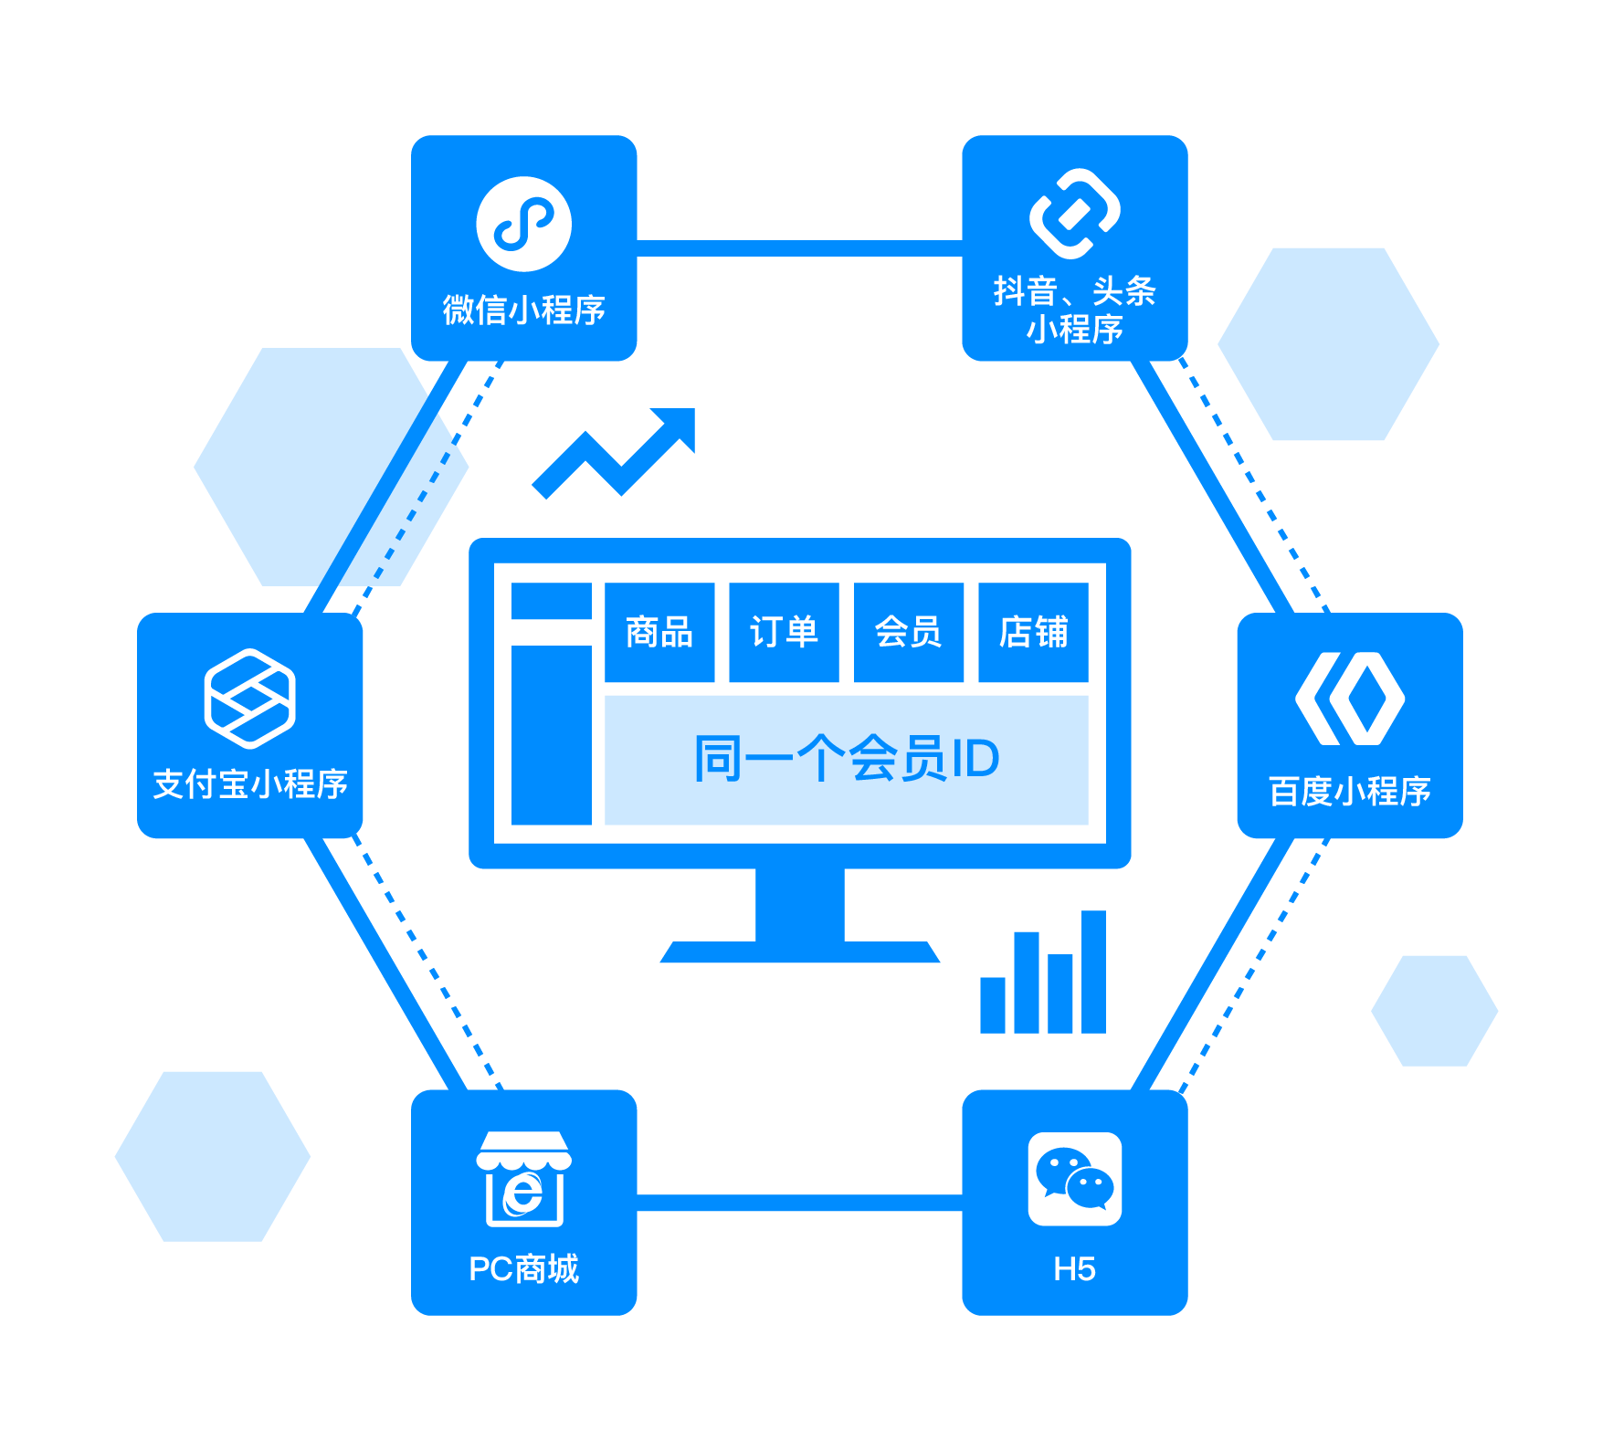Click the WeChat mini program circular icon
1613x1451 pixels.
(x=523, y=224)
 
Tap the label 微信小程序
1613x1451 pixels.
(x=523, y=310)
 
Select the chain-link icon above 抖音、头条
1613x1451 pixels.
(x=1074, y=214)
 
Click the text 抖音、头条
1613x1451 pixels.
(x=1074, y=291)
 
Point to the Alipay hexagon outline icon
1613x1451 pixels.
(x=249, y=699)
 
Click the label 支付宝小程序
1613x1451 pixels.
(x=249, y=784)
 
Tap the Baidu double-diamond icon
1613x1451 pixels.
(x=1350, y=699)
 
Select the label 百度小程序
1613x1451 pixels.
(x=1350, y=791)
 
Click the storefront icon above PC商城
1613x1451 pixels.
(x=523, y=1179)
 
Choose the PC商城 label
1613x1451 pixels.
(x=523, y=1269)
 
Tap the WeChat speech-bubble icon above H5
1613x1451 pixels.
(x=1074, y=1179)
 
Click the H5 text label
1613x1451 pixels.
(x=1074, y=1269)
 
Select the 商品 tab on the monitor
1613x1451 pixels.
(x=659, y=632)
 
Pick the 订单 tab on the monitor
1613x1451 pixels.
(x=784, y=632)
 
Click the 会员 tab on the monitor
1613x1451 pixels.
(x=908, y=632)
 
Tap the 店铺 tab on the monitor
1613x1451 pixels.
(x=1033, y=632)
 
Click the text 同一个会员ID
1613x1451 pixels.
(x=847, y=759)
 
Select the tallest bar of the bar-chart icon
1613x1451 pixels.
(x=1093, y=972)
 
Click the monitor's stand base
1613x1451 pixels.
(x=799, y=952)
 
